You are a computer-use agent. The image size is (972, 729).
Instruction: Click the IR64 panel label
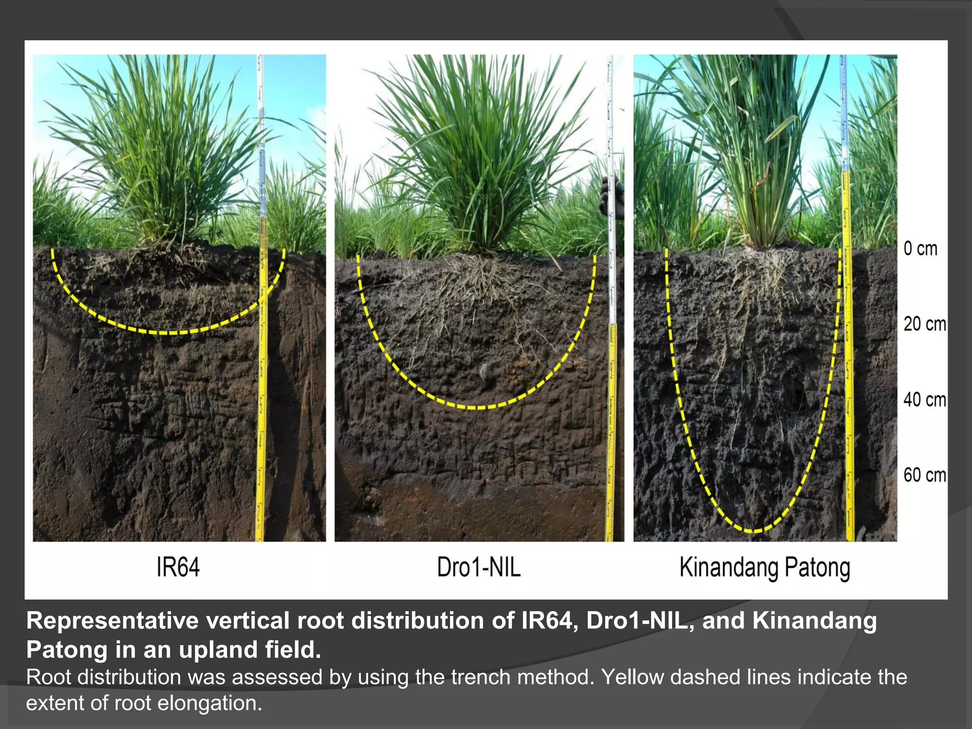pyautogui.click(x=178, y=567)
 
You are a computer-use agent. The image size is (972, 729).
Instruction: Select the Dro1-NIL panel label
pyautogui.click(x=478, y=567)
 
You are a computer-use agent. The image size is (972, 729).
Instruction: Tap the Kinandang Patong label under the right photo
pyautogui.click(x=764, y=568)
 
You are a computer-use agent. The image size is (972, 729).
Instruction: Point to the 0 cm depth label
pyautogui.click(x=920, y=249)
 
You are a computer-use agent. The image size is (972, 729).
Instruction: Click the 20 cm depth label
pyautogui.click(x=924, y=324)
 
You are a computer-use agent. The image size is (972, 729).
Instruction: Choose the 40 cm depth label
pyautogui.click(x=924, y=400)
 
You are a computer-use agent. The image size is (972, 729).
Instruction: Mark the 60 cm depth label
pyautogui.click(x=924, y=475)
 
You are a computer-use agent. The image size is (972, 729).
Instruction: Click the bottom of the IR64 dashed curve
pyautogui.click(x=168, y=333)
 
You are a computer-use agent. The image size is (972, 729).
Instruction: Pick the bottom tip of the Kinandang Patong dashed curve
pyautogui.click(x=753, y=530)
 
